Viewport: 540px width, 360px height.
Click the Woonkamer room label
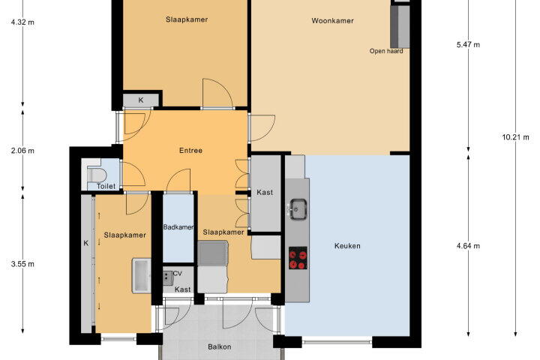point(332,21)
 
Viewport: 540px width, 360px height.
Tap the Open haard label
point(386,51)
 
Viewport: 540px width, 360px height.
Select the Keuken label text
point(347,246)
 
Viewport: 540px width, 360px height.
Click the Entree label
point(190,151)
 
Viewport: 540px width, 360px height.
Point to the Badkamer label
point(178,227)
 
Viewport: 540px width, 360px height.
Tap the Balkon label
point(219,347)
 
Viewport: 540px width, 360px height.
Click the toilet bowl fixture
point(95,174)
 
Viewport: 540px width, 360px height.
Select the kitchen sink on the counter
point(297,209)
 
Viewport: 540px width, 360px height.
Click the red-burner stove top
point(298,258)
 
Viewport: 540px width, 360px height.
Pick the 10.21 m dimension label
point(515,137)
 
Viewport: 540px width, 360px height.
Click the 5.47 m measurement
point(468,44)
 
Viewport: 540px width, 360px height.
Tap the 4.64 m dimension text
point(468,246)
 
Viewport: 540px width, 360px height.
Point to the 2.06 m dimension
point(22,151)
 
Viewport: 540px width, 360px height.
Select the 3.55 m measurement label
point(22,264)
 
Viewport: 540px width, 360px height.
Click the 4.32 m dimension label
point(22,22)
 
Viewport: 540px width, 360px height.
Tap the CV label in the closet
point(177,274)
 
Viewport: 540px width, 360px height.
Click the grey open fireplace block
point(400,26)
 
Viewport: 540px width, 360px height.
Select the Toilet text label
point(106,186)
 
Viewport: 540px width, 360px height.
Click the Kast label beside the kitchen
point(265,192)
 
